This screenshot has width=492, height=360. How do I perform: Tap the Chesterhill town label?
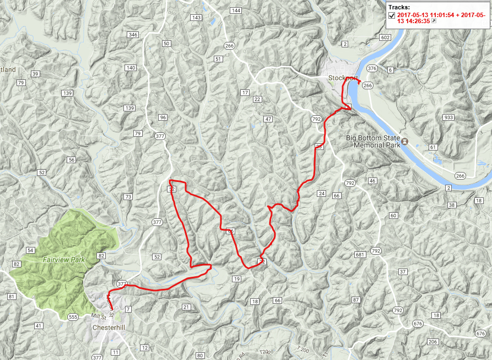pos(110,327)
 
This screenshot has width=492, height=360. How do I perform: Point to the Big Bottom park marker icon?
pos(406,142)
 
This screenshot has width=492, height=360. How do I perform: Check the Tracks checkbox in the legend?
pos(392,15)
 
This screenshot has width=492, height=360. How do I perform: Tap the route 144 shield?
pos(236,10)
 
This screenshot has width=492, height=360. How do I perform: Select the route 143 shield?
pos(196,18)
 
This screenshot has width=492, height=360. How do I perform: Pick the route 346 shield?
pos(132,35)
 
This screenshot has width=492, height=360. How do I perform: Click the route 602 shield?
pos(385,37)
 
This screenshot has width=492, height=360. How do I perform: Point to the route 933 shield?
pos(447,117)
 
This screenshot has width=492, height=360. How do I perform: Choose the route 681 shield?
pos(360,255)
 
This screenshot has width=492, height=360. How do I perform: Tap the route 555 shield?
pos(73,317)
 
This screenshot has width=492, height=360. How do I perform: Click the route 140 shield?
pos(131,68)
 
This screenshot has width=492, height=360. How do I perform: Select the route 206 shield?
pos(432,342)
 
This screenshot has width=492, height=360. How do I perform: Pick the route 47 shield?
pos(268,119)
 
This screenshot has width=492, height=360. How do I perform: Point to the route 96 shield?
pos(162,117)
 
